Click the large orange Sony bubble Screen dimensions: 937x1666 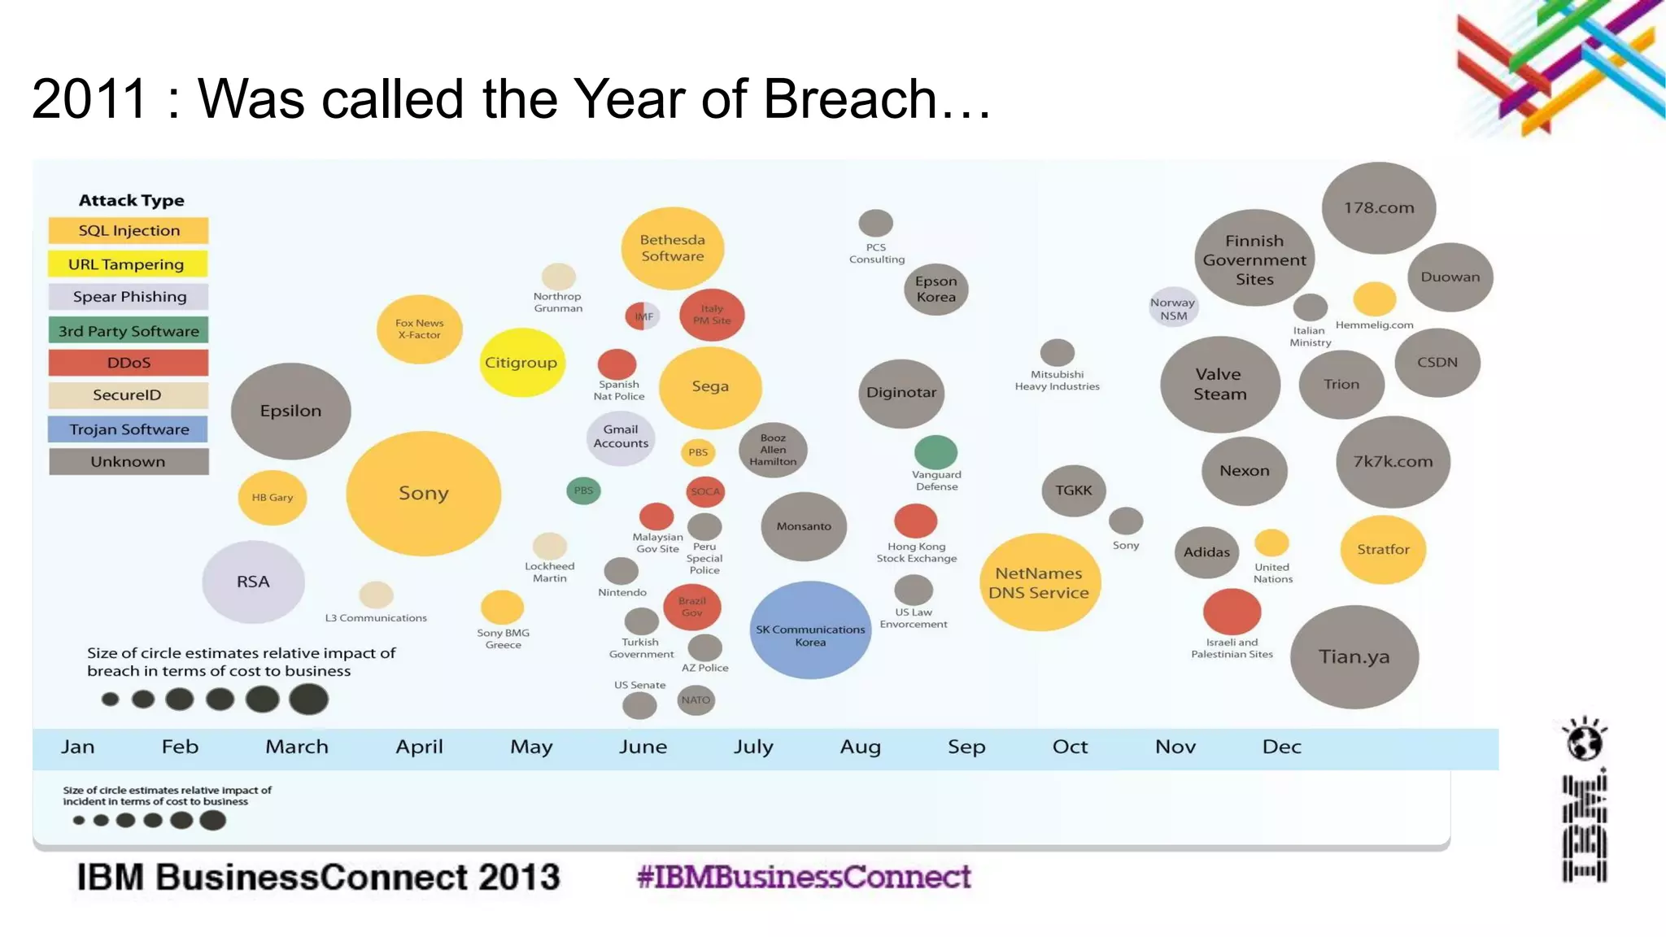point(423,494)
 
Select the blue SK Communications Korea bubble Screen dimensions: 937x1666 point(810,630)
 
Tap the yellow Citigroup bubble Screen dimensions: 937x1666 point(521,363)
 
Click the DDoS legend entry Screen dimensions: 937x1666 point(129,363)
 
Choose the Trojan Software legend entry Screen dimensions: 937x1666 point(129,429)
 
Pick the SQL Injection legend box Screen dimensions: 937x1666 point(129,231)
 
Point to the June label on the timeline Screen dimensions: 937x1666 point(643,747)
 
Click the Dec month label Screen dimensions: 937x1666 point(1281,747)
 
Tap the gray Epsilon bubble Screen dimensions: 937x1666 point(290,411)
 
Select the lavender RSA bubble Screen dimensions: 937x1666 point(253,582)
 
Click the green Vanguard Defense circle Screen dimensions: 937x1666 point(935,452)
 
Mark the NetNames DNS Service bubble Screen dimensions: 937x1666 point(1039,582)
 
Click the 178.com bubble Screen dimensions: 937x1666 point(1378,207)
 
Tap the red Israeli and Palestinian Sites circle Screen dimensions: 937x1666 point(1232,612)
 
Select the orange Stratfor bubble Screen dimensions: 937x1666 point(1383,550)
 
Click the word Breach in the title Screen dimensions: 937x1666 point(849,99)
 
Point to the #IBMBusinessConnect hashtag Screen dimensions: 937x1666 point(804,877)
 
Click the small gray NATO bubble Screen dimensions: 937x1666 point(696,699)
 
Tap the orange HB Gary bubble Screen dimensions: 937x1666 point(272,497)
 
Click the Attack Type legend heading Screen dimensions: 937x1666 point(131,200)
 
